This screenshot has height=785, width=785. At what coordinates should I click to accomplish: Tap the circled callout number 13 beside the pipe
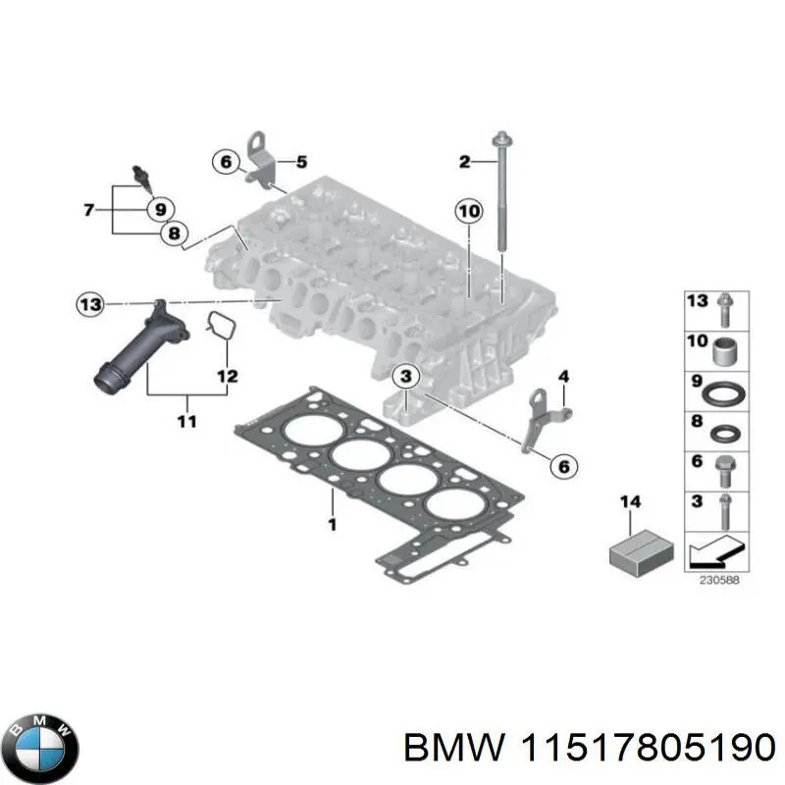click(90, 305)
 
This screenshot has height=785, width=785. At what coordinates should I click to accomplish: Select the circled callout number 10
click(469, 211)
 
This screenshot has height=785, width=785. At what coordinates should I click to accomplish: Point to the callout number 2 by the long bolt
click(465, 161)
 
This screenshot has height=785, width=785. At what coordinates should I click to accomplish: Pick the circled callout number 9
click(158, 208)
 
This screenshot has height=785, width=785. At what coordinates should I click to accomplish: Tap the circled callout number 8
click(174, 234)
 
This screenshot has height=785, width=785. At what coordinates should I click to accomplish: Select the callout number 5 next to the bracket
click(301, 161)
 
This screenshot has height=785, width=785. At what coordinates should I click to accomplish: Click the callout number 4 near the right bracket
click(563, 377)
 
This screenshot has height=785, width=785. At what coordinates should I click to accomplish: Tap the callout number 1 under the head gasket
click(332, 525)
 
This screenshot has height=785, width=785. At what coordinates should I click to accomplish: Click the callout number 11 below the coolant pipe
click(185, 422)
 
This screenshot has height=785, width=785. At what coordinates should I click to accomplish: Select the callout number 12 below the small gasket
click(227, 374)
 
